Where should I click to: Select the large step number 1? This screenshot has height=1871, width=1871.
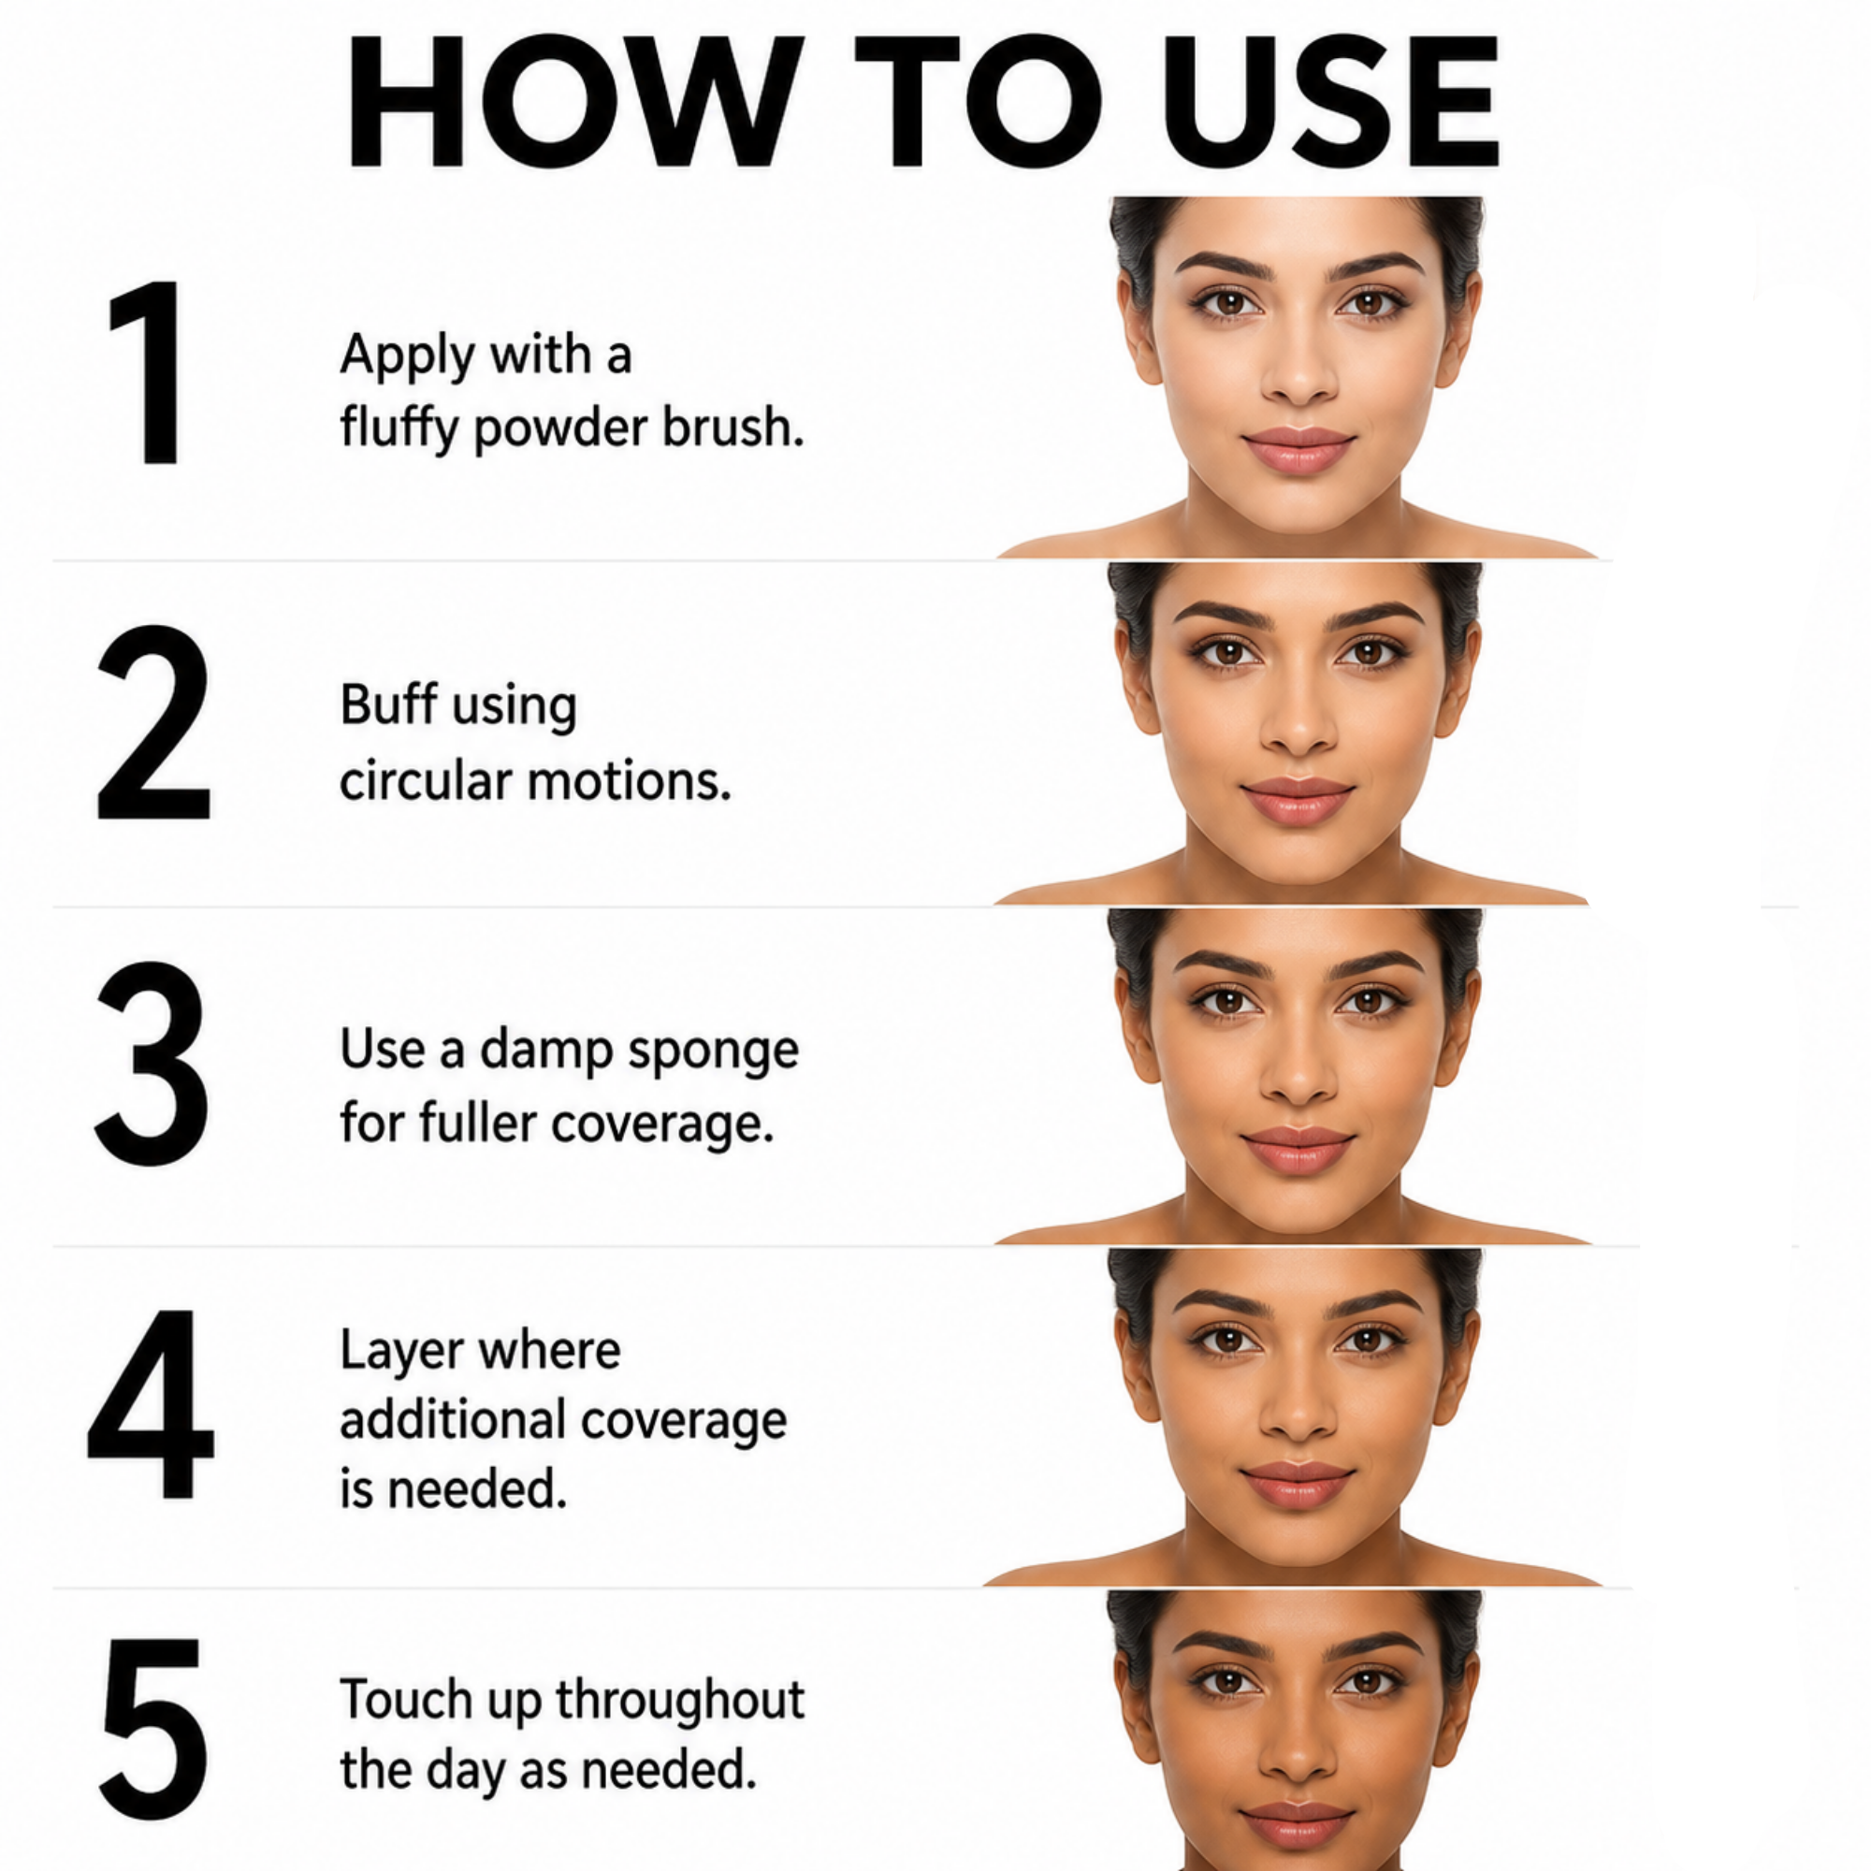(147, 373)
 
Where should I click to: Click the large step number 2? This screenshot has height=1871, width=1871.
(153, 722)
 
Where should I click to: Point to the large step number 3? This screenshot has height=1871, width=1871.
(151, 1064)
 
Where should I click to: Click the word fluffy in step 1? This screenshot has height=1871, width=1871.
(398, 429)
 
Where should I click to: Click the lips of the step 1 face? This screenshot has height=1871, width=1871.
(1298, 450)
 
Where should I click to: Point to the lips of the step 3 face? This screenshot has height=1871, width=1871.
(1298, 1150)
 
